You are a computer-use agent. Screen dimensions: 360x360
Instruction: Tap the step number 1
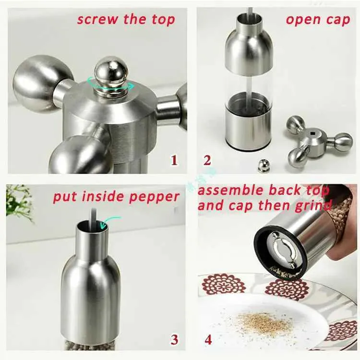coord(174,160)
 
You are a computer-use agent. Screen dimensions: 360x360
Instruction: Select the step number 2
coord(207,160)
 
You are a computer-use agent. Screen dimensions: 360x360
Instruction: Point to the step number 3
coord(174,339)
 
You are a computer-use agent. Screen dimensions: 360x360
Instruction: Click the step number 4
coord(208,339)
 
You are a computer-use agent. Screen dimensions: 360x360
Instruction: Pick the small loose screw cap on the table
coord(264,166)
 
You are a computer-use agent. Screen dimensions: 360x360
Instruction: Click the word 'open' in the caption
coord(302,20)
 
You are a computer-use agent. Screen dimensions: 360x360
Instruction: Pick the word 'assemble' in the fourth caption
coord(231,191)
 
